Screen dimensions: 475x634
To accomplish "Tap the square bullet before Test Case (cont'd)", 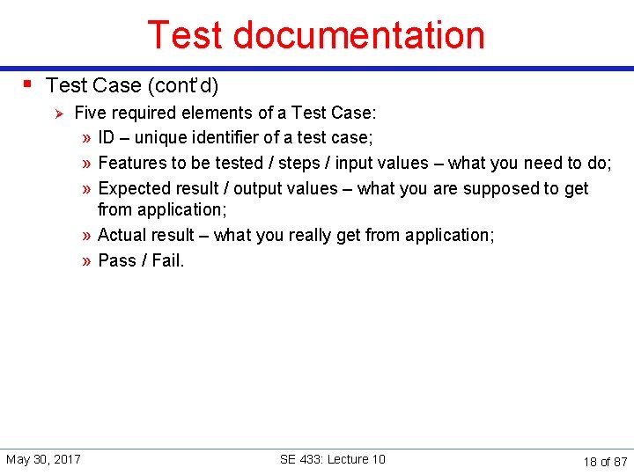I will pyautogui.click(x=29, y=84).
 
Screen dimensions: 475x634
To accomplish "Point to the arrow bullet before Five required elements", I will pyautogui.click(x=58, y=113).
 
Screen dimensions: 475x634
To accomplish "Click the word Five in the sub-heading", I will pyautogui.click(x=90, y=113).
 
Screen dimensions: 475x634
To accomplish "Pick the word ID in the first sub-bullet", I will pyautogui.click(x=107, y=137).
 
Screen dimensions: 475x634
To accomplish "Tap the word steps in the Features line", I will pyautogui.click(x=299, y=163).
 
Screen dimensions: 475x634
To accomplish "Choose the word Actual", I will pyautogui.click(x=122, y=235).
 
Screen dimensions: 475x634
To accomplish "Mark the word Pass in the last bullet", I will pyautogui.click(x=117, y=260).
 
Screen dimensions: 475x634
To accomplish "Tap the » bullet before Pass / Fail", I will pyautogui.click(x=87, y=261).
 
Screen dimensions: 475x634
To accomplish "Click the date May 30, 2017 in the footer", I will pyautogui.click(x=44, y=459).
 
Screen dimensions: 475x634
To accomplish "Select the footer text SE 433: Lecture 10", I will pyautogui.click(x=332, y=459).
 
